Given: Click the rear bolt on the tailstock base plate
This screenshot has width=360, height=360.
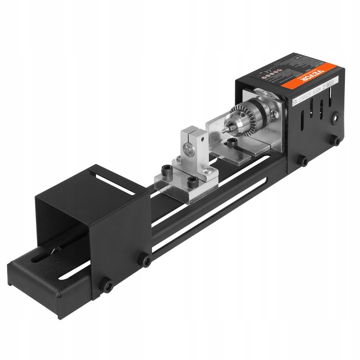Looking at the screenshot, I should (x=165, y=170).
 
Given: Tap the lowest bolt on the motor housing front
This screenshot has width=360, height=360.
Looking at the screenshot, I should (x=303, y=160).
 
